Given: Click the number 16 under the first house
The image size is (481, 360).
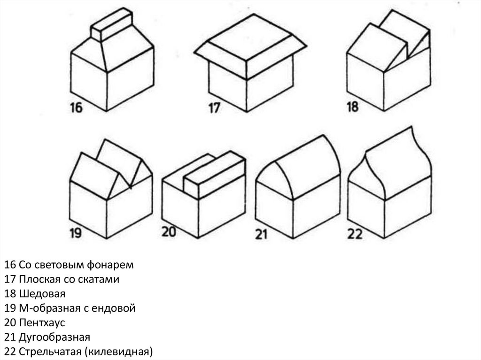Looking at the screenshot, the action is pos(77,107).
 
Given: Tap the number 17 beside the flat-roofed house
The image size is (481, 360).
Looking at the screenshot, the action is pos(214,108).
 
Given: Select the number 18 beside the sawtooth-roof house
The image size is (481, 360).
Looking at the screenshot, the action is pos(352,107).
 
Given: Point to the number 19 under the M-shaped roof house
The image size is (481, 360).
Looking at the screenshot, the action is pos(76,233).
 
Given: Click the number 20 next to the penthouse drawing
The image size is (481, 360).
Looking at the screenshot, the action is pos(169,231).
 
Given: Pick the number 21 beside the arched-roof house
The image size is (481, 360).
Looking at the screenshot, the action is pos(261,235).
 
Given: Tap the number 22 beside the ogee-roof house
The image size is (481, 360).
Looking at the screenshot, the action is pos(355,234).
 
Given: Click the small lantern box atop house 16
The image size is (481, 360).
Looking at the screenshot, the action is pos(112,24).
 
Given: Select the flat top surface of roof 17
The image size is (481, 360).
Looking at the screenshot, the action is pos(250,37).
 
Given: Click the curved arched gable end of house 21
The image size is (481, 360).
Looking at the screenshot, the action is pos(274,181).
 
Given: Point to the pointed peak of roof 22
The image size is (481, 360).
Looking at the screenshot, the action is pos(411,127).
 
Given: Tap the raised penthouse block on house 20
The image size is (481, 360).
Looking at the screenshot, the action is pos(214,175).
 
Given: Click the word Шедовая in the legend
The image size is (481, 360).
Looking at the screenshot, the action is pos(42,293).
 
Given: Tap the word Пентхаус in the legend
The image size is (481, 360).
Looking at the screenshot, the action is pos(42,322).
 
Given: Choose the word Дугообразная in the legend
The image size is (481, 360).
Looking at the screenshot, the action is pos(54,337).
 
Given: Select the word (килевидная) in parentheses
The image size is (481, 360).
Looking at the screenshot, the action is pos(118,352).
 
